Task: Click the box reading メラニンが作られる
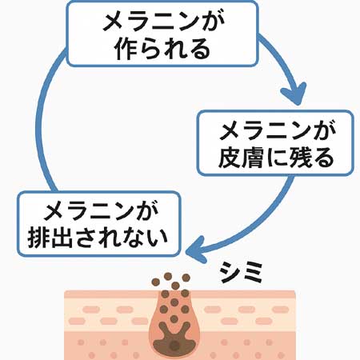[162, 34]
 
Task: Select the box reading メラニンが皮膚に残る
[276, 143]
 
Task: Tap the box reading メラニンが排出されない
[99, 224]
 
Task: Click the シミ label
[241, 272]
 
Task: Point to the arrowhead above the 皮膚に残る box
[294, 94]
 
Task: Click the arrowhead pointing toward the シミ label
[196, 250]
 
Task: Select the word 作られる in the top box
[162, 49]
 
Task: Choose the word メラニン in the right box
[266, 130]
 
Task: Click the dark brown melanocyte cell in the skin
[174, 338]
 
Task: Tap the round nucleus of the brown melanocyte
[174, 346]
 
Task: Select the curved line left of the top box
[45, 121]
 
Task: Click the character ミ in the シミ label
[252, 272]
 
